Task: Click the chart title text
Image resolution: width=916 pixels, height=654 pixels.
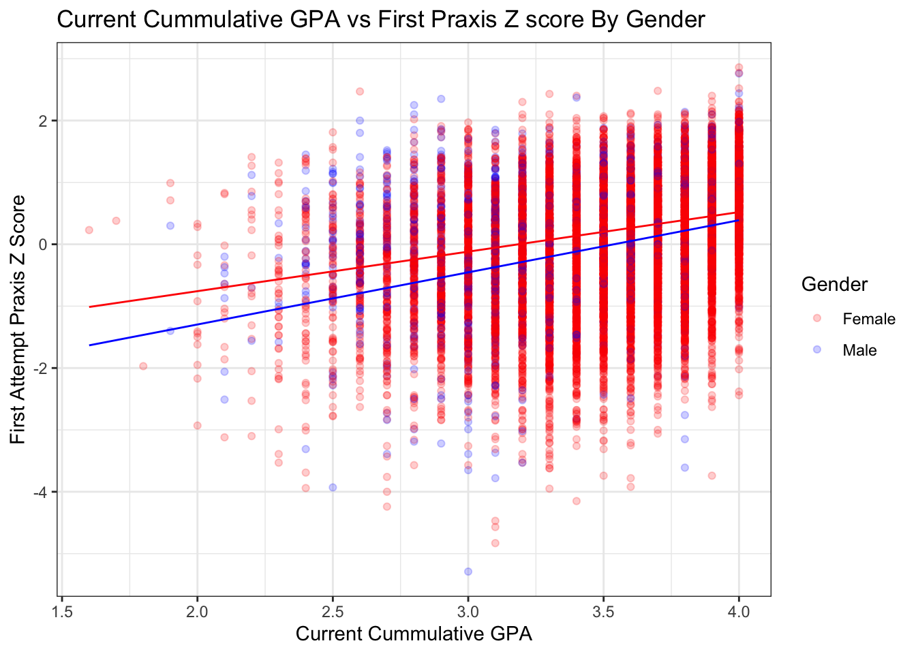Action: click(380, 19)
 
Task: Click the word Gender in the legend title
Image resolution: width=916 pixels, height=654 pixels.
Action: click(834, 284)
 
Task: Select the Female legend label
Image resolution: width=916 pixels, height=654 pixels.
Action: click(868, 319)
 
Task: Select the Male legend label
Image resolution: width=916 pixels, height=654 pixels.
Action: click(859, 350)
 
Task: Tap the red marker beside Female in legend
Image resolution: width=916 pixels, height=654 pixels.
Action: click(817, 319)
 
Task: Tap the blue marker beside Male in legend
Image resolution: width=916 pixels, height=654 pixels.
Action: click(817, 349)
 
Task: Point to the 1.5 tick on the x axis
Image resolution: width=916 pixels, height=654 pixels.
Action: click(62, 611)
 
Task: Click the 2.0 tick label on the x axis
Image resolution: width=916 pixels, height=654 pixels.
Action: click(197, 611)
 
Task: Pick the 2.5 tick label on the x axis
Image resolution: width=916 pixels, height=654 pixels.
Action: click(333, 611)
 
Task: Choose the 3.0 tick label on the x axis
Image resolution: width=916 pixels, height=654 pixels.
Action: click(468, 611)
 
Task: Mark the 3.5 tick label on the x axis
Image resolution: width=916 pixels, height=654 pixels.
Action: click(603, 611)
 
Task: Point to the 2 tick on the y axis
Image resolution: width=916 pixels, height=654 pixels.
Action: click(44, 121)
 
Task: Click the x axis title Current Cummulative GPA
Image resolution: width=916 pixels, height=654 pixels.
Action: click(414, 634)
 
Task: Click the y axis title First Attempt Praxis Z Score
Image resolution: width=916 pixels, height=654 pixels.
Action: click(18, 319)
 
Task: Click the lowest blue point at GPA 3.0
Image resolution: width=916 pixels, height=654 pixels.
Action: click(468, 571)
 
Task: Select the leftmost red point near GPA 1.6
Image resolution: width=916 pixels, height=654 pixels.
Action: click(89, 230)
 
